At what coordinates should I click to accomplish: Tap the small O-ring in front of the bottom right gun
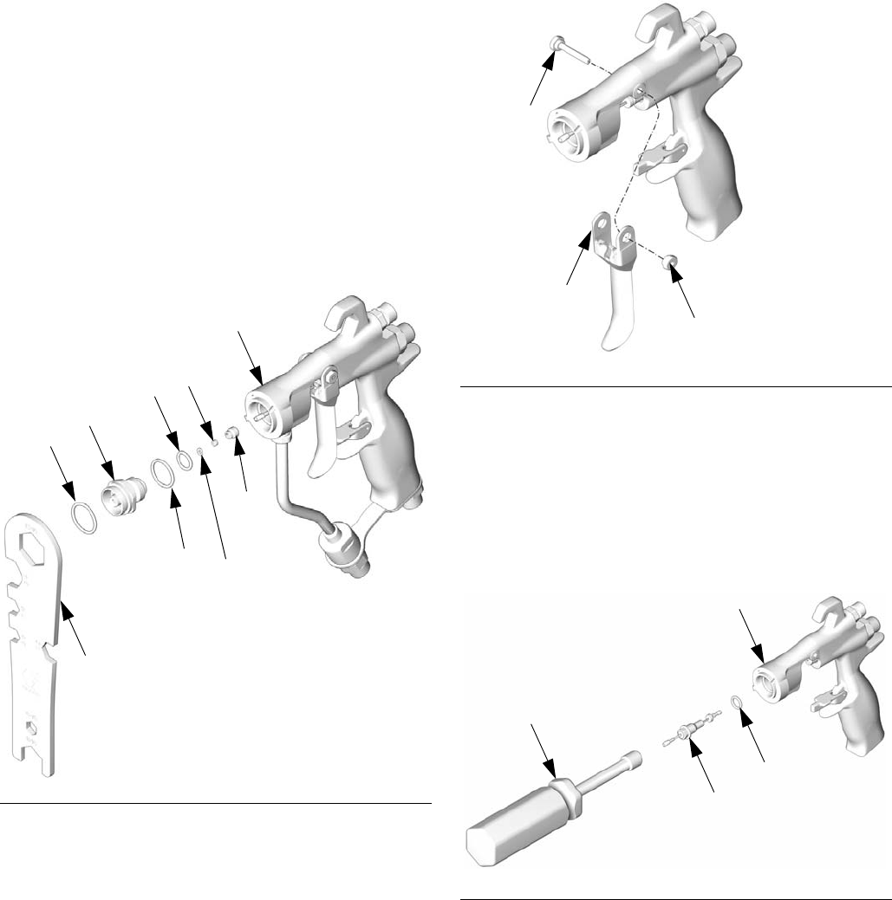[735, 703]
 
